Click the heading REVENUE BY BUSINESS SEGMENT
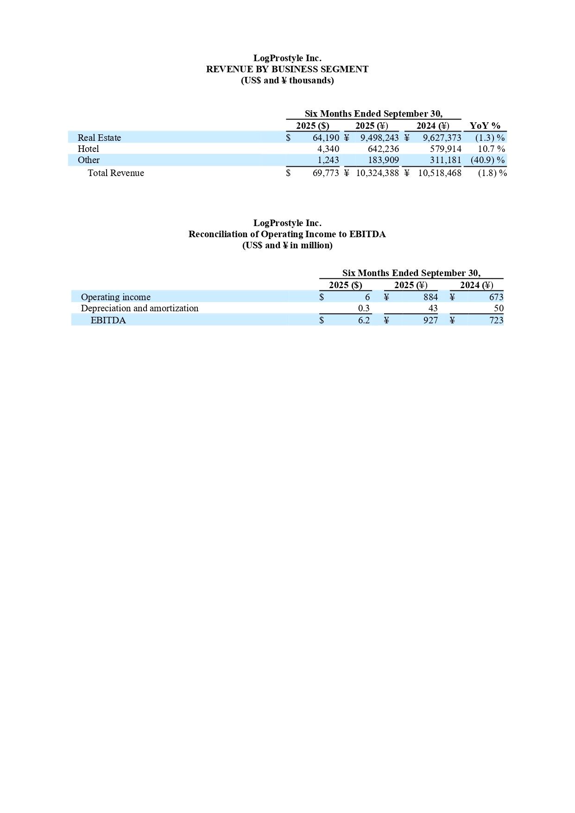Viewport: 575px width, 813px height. [287, 69]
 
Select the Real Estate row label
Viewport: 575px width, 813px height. [99, 138]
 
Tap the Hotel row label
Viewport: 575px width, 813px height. [88, 149]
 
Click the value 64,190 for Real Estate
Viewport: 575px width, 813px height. [326, 138]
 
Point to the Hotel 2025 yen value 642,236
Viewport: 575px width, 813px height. [383, 149]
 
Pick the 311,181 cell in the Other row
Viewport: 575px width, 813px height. [445, 160]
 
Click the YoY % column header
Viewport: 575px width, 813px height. [485, 126]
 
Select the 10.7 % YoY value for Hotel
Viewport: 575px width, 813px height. [491, 149]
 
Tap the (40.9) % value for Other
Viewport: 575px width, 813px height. [487, 160]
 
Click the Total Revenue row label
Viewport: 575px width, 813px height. [116, 173]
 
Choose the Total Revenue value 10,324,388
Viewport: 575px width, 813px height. [377, 173]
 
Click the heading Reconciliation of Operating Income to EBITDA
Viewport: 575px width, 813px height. [287, 234]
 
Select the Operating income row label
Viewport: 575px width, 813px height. [115, 297]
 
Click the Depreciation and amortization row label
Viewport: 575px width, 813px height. [139, 309]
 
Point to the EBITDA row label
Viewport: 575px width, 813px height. [108, 321]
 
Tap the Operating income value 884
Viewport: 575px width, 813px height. [430, 297]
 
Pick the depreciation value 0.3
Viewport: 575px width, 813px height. [364, 309]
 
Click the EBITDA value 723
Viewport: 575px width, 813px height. [496, 321]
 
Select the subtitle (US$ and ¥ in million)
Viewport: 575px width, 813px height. [287, 246]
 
